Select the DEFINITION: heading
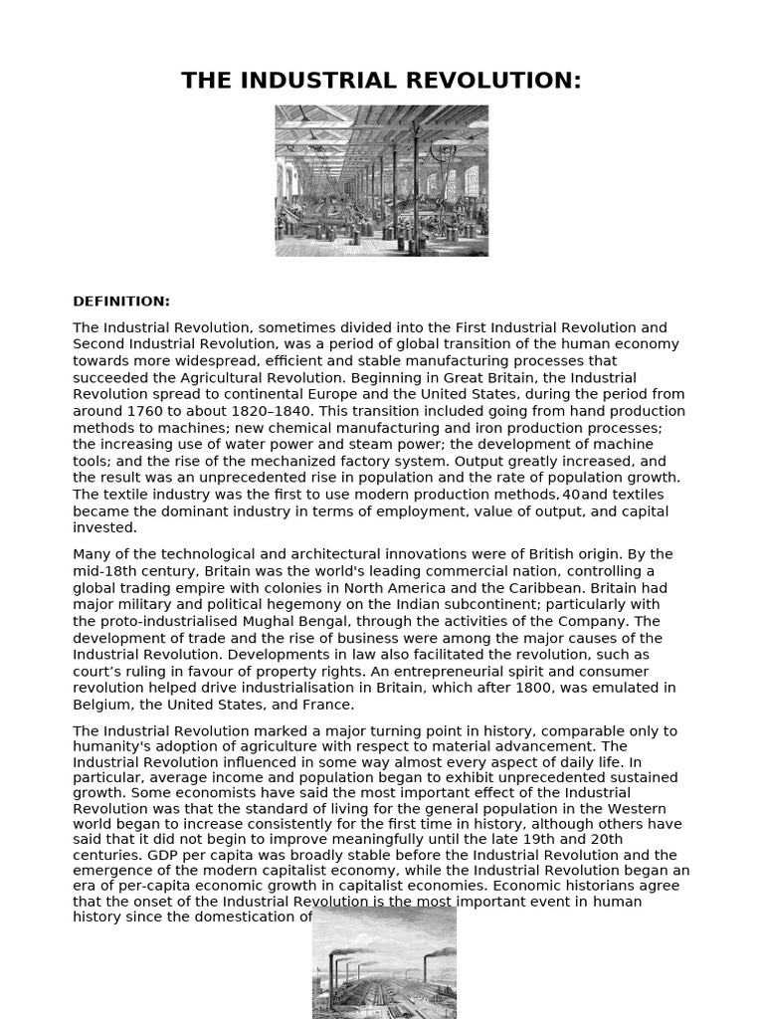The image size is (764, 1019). [121, 302]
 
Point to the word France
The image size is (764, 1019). [327, 705]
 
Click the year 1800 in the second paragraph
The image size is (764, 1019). [552, 688]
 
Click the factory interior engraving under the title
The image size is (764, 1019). [382, 180]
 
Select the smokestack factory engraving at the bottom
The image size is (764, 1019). [384, 963]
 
